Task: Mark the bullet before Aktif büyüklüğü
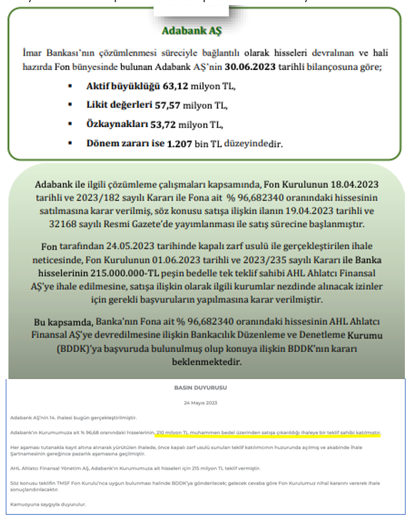tap(71, 86)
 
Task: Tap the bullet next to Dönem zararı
tap(71, 143)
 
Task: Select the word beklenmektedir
tap(207, 363)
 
